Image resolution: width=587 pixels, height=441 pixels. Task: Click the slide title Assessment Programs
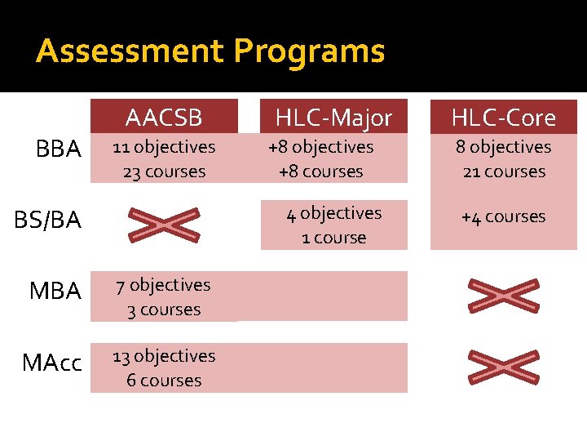click(x=210, y=51)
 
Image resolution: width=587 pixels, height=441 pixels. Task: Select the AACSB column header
click(x=164, y=118)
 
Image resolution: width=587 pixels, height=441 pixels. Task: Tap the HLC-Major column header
click(x=333, y=118)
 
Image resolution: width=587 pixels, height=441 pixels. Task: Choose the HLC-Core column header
click(x=504, y=118)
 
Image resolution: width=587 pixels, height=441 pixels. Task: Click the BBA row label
click(x=59, y=149)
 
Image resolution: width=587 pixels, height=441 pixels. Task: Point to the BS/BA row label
click(x=49, y=220)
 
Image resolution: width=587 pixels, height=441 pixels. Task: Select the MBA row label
click(x=55, y=291)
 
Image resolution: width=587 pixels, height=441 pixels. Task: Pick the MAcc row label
click(x=52, y=363)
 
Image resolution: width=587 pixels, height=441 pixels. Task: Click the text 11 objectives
click(x=164, y=147)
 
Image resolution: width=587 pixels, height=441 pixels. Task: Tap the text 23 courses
click(x=164, y=171)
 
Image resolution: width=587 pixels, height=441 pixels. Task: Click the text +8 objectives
click(x=320, y=147)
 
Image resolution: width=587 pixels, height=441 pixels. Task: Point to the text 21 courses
click(x=504, y=171)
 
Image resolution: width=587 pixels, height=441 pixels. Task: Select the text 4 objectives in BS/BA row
click(x=333, y=213)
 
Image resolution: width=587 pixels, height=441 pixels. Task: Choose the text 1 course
click(x=333, y=238)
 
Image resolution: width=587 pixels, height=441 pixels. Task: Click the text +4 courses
click(x=503, y=216)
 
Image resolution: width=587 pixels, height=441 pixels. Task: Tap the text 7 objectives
click(x=163, y=285)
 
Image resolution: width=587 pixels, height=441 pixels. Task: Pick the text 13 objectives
click(x=164, y=356)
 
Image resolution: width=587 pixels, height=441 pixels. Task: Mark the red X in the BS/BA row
click(x=165, y=224)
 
